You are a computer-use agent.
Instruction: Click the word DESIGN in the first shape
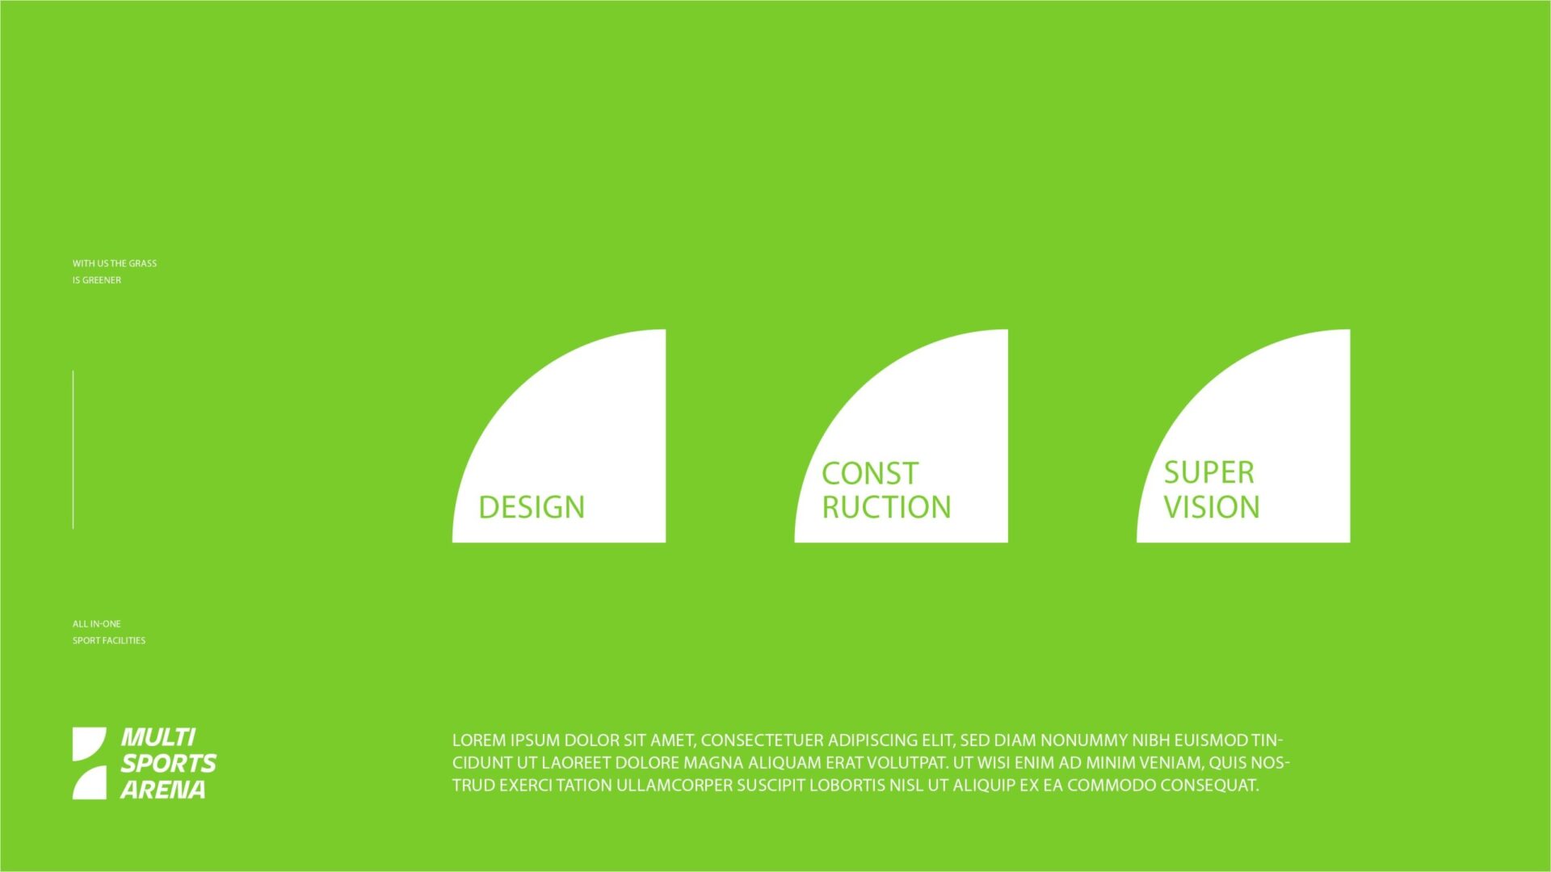pyautogui.click(x=532, y=507)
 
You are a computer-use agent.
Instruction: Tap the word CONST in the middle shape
pyautogui.click(x=870, y=473)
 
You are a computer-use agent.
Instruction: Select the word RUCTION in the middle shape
pyautogui.click(x=887, y=507)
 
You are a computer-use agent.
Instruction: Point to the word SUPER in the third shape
pyautogui.click(x=1209, y=472)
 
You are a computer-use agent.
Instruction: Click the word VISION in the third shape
pyautogui.click(x=1212, y=507)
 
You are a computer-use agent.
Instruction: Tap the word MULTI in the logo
pyautogui.click(x=158, y=737)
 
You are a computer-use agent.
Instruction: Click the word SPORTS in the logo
pyautogui.click(x=169, y=763)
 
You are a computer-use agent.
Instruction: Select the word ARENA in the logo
pyautogui.click(x=163, y=789)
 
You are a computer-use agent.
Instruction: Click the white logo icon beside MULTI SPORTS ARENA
pyautogui.click(x=89, y=763)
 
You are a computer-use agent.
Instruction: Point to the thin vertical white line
pyautogui.click(x=73, y=450)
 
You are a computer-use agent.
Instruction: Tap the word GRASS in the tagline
pyautogui.click(x=143, y=263)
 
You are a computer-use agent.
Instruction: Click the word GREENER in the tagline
pyautogui.click(x=102, y=280)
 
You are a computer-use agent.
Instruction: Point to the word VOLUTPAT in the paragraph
pyautogui.click(x=908, y=763)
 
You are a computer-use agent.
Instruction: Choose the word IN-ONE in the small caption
pyautogui.click(x=106, y=624)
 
